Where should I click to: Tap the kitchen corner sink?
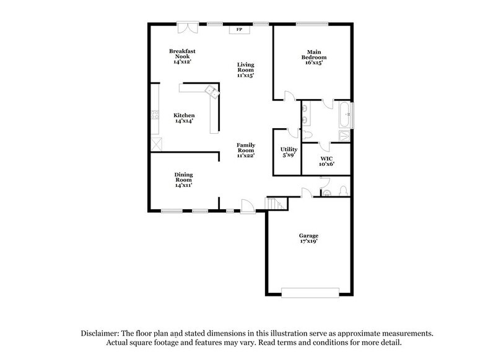[211, 92]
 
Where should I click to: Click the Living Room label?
[246, 69]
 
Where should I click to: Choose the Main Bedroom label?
[314, 57]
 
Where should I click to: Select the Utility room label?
[289, 152]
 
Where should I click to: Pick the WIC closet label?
[326, 162]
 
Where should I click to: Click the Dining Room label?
[183, 179]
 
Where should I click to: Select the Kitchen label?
[184, 118]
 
